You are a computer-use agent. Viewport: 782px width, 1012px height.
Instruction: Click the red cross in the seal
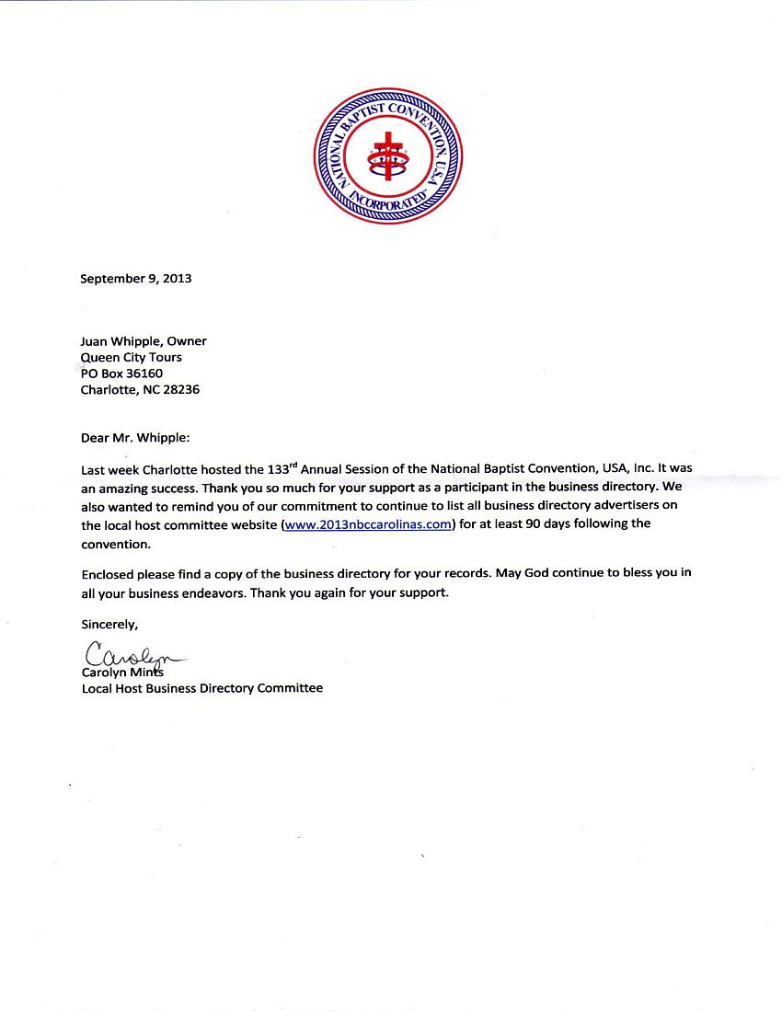point(387,156)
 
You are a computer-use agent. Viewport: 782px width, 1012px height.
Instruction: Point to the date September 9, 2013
point(136,278)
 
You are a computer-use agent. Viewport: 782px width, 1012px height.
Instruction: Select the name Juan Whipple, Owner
point(144,341)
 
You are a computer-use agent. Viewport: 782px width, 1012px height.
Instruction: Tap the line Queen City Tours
point(132,357)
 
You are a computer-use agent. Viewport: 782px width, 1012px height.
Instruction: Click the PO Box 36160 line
point(122,374)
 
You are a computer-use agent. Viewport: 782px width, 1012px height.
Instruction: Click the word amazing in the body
point(124,489)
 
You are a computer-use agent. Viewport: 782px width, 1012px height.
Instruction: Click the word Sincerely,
point(109,625)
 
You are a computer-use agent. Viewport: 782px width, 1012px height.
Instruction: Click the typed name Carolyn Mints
point(116,673)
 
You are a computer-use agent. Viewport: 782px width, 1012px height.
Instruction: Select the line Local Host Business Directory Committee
point(202,688)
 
